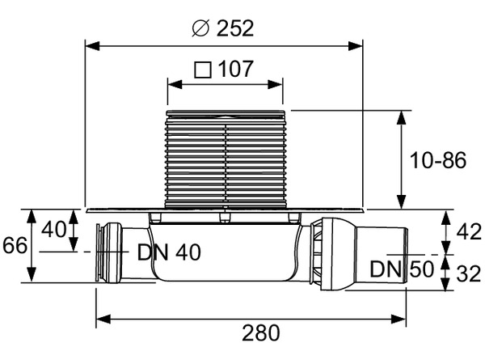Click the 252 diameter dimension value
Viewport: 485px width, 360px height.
coord(235,28)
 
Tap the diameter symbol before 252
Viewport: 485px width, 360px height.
coord(200,28)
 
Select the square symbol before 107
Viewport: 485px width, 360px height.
coord(203,70)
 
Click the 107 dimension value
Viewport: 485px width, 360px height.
coord(236,69)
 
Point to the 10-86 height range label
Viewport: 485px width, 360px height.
coord(437,161)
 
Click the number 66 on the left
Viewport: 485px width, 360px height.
coord(15,246)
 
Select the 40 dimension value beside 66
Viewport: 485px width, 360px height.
coord(54,230)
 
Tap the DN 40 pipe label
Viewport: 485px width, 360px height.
coord(169,252)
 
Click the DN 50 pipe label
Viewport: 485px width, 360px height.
coord(402,269)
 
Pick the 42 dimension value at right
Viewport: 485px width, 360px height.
coord(469,232)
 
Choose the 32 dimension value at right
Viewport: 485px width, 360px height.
coord(469,274)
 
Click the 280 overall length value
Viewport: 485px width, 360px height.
coord(261,333)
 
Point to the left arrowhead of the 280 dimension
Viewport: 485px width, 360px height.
coord(103,319)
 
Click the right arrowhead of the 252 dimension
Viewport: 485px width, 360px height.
coord(356,46)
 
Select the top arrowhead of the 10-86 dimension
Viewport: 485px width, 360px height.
coord(401,118)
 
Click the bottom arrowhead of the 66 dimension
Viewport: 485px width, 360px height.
coord(32,274)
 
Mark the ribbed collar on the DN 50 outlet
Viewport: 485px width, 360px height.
coord(316,254)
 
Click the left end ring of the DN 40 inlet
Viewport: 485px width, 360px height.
coord(99,253)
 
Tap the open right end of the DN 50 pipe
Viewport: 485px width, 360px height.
coord(406,256)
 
